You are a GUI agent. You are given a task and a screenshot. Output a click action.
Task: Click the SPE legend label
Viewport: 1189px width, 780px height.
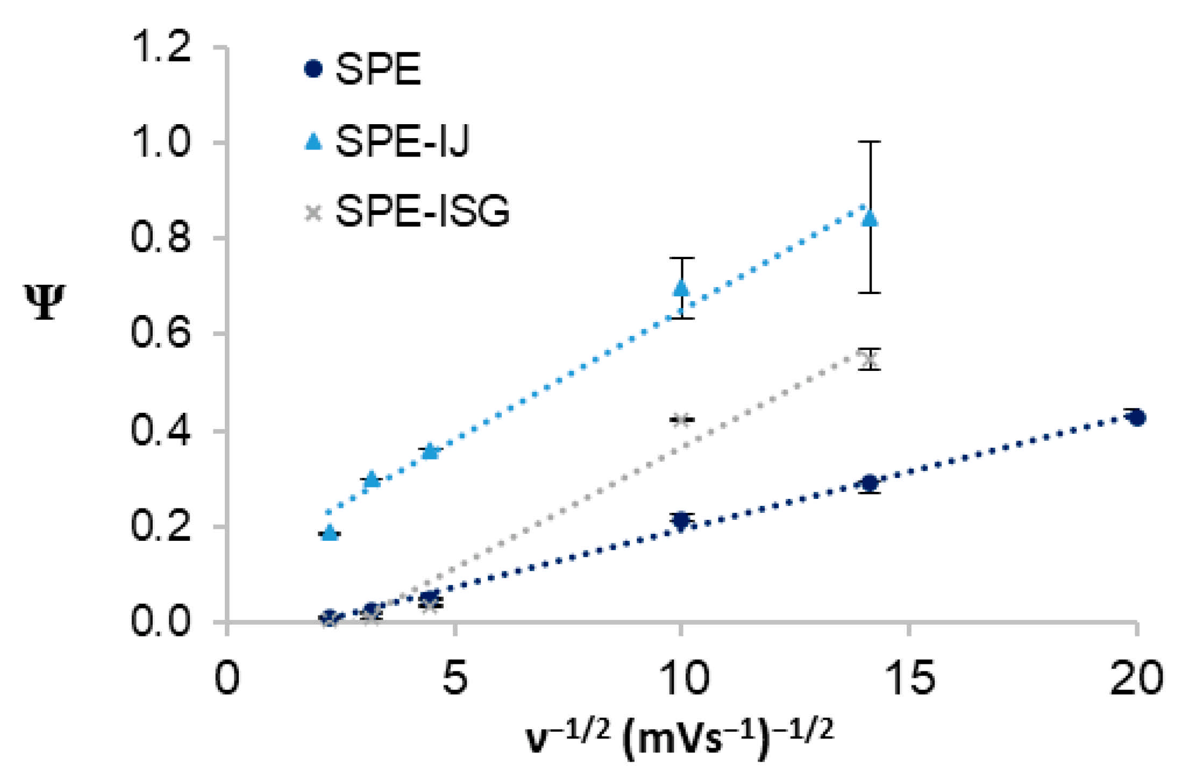378,69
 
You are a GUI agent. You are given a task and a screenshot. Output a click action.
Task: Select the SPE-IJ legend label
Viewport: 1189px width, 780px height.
402,141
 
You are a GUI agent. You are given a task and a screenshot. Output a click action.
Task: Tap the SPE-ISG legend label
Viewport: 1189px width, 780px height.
422,211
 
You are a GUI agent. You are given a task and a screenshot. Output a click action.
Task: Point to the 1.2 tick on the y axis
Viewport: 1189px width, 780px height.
161,46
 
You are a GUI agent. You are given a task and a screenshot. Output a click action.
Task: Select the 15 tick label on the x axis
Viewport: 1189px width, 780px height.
908,678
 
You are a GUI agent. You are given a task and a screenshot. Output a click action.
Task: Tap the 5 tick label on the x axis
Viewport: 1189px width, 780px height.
455,678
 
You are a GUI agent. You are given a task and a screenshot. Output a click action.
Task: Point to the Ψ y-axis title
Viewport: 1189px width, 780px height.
45,302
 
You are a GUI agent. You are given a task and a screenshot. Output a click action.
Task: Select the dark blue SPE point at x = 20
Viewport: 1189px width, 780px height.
1136,418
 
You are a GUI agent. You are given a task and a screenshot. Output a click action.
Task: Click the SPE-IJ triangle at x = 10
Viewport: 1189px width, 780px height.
681,288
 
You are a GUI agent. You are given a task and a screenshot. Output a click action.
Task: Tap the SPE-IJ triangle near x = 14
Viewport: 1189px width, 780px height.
870,219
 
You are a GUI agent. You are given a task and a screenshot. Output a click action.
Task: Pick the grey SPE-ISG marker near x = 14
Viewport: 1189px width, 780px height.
869,359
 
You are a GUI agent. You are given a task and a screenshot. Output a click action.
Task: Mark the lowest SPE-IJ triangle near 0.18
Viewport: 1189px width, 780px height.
330,533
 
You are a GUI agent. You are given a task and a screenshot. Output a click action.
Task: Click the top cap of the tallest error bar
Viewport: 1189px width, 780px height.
870,141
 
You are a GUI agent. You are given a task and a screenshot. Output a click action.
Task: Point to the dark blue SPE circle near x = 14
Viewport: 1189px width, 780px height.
869,483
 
